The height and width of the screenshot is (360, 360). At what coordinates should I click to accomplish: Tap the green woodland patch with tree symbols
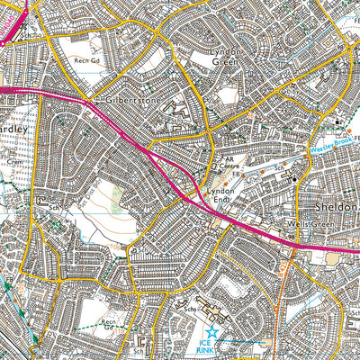tap(115, 203)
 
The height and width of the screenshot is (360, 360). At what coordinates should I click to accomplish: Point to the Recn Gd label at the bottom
tap(108, 323)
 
